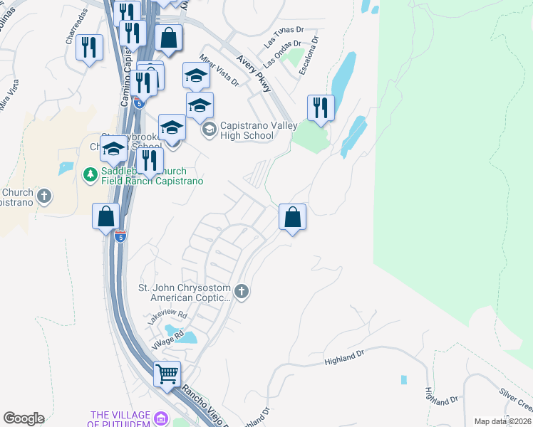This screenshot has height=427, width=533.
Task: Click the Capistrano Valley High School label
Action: tap(247, 130)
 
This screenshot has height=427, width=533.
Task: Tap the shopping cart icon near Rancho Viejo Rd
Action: tap(167, 372)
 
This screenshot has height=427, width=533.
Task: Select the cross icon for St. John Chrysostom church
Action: tap(242, 291)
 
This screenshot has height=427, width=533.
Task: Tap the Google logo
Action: tap(24, 418)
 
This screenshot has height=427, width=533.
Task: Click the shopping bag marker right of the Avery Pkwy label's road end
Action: tap(292, 216)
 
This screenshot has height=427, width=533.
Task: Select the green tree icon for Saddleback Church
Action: tap(90, 174)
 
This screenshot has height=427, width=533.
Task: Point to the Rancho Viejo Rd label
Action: tap(213, 402)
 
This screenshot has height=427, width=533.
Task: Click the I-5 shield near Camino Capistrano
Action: tap(120, 236)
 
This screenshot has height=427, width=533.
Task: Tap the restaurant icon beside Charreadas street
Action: tap(89, 47)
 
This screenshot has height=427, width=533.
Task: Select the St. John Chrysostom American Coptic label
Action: tap(185, 294)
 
